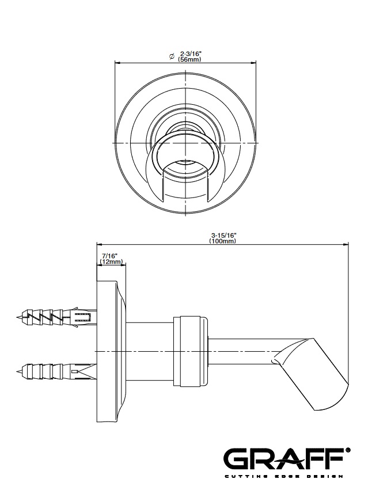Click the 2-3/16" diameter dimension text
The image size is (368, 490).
pyautogui.click(x=191, y=54)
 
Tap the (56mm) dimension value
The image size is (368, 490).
pyautogui.click(x=189, y=59)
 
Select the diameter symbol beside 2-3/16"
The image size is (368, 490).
pyautogui.click(x=172, y=56)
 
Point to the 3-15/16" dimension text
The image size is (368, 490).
pyautogui.click(x=223, y=235)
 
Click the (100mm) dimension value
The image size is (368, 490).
pyautogui.click(x=223, y=241)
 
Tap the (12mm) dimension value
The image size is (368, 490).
pyautogui.click(x=111, y=262)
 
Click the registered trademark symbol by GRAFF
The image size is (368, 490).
pyautogui.click(x=347, y=450)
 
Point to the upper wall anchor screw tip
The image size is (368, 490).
pyautogui.click(x=17, y=317)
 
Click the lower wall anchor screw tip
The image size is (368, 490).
pyautogui.click(x=17, y=371)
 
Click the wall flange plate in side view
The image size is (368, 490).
pyautogui.click(x=111, y=352)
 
